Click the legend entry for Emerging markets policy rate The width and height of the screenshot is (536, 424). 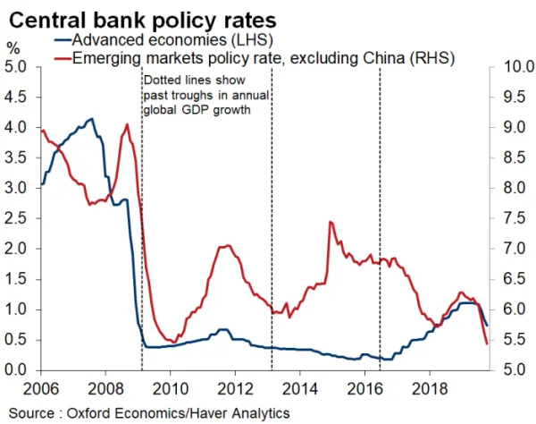[259, 58]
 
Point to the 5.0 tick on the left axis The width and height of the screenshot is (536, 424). [16, 66]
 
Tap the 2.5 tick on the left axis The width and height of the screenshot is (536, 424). [16, 218]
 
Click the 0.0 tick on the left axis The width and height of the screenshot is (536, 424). [16, 369]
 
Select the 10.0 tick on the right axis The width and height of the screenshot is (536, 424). [517, 66]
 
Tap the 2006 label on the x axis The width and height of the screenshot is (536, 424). [25, 389]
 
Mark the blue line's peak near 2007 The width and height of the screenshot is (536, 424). [91, 118]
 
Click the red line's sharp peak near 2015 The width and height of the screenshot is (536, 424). [331, 222]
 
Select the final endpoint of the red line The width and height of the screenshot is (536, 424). [486, 343]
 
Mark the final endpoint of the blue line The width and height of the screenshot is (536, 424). [487, 325]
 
